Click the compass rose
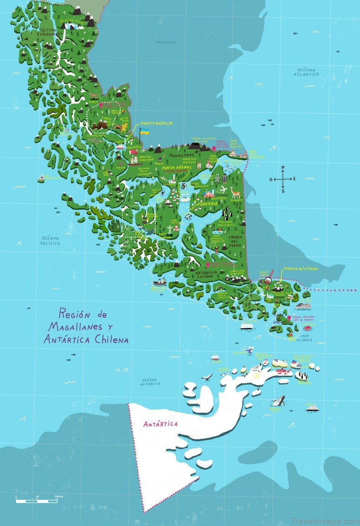[283, 179]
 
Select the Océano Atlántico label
[306, 71]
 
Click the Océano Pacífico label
[50, 241]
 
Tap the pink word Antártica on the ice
[160, 424]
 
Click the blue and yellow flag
[145, 131]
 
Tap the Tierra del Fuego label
[234, 241]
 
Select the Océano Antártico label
[151, 381]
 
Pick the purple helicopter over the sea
[249, 351]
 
